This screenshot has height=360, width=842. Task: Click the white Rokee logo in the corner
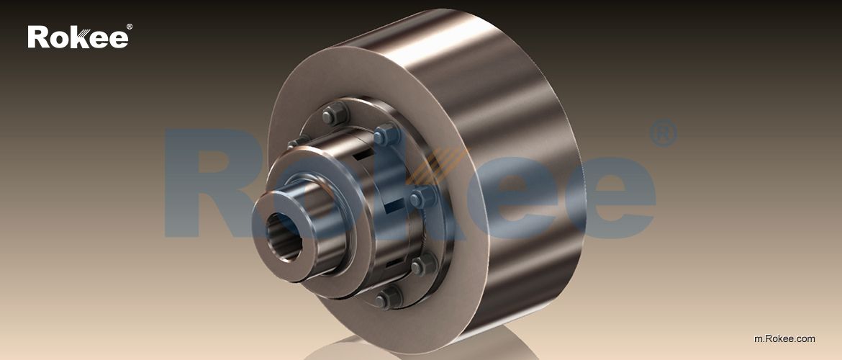(x=78, y=37)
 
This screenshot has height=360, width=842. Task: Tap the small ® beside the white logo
(x=129, y=27)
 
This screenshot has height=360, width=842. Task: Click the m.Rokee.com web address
(x=784, y=338)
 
